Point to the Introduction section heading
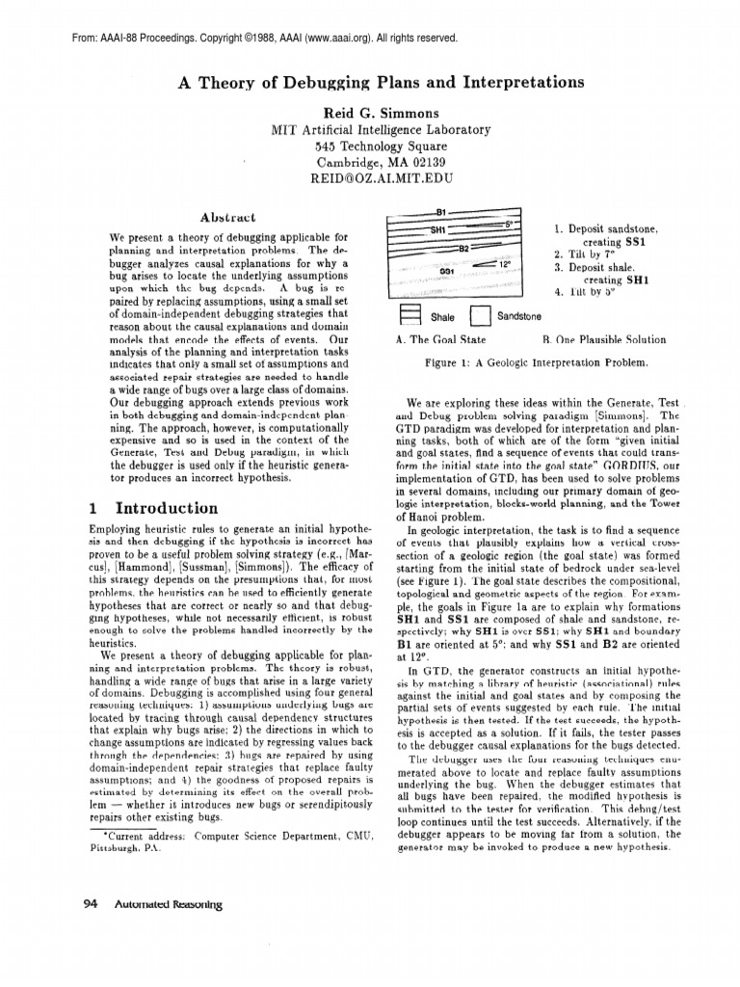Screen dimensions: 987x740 (x=166, y=508)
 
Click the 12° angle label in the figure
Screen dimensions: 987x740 (x=504, y=263)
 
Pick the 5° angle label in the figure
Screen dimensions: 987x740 (x=508, y=224)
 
